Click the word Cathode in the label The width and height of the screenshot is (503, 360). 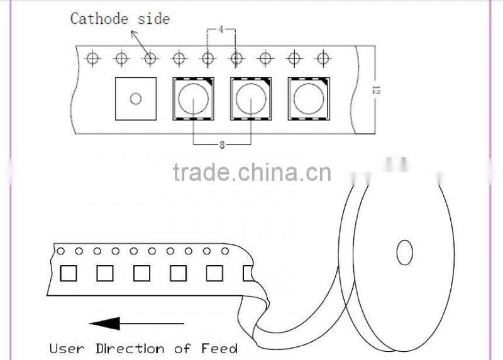[x=99, y=19]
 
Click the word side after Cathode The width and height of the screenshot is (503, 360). [x=153, y=19]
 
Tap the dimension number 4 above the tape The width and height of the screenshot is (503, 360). [x=221, y=30]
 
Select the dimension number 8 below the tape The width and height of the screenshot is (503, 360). [x=222, y=145]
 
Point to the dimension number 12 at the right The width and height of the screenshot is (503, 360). [x=375, y=90]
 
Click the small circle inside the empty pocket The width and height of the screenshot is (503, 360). [x=136, y=99]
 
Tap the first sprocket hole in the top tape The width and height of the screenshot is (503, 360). [x=92, y=58]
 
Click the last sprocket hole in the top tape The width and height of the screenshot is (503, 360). [x=323, y=58]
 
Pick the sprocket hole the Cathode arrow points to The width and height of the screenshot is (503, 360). [x=150, y=58]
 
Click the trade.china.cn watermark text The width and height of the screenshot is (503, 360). [x=252, y=172]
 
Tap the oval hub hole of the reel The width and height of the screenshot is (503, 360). [x=404, y=253]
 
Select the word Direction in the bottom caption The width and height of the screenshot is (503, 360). [x=130, y=349]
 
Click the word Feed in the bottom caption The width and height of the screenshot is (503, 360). [x=219, y=349]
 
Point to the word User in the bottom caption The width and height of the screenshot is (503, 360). [x=67, y=349]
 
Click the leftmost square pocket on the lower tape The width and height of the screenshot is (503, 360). [x=69, y=273]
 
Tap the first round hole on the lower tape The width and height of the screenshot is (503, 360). [x=60, y=251]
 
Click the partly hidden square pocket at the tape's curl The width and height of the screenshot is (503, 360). [x=248, y=273]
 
